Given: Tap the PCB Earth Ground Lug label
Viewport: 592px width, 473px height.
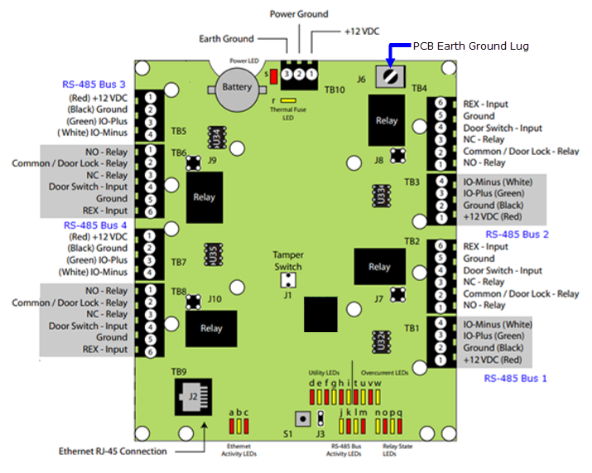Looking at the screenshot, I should tap(470, 46).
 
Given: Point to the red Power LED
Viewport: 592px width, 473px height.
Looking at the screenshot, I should tap(272, 76).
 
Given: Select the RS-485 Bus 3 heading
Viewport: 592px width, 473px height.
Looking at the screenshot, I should tap(94, 84).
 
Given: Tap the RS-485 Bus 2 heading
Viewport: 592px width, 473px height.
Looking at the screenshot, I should tap(517, 234).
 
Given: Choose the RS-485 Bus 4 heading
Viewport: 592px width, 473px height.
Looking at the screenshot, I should tap(94, 224).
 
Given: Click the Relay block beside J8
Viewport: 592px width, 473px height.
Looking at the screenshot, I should tap(387, 120).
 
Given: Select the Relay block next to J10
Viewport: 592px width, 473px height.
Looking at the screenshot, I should tap(211, 328).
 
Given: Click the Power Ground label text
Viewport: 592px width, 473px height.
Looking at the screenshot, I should tap(299, 14).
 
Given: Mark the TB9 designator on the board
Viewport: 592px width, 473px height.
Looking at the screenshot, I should tap(179, 372).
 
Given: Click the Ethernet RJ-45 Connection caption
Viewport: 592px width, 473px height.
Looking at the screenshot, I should tap(113, 451).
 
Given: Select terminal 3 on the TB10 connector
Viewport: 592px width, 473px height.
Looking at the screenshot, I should tap(286, 75).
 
